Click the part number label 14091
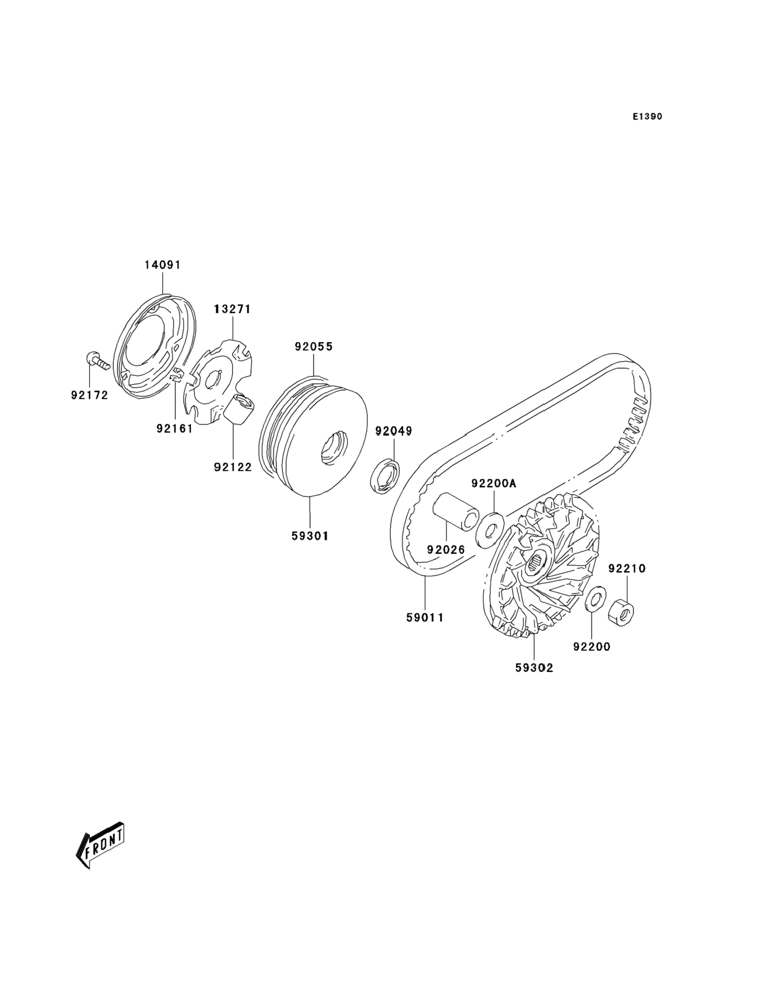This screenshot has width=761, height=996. tap(162, 265)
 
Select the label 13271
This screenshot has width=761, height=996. tap(232, 309)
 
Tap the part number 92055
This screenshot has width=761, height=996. tap(313, 347)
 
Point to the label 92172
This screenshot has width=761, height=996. tap(90, 395)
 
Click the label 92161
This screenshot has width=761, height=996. tap(175, 428)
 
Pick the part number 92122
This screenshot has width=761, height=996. tap(233, 467)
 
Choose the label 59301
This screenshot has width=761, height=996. tap(310, 536)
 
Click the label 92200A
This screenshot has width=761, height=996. tap(494, 484)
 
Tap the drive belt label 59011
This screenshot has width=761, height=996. tap(425, 617)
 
